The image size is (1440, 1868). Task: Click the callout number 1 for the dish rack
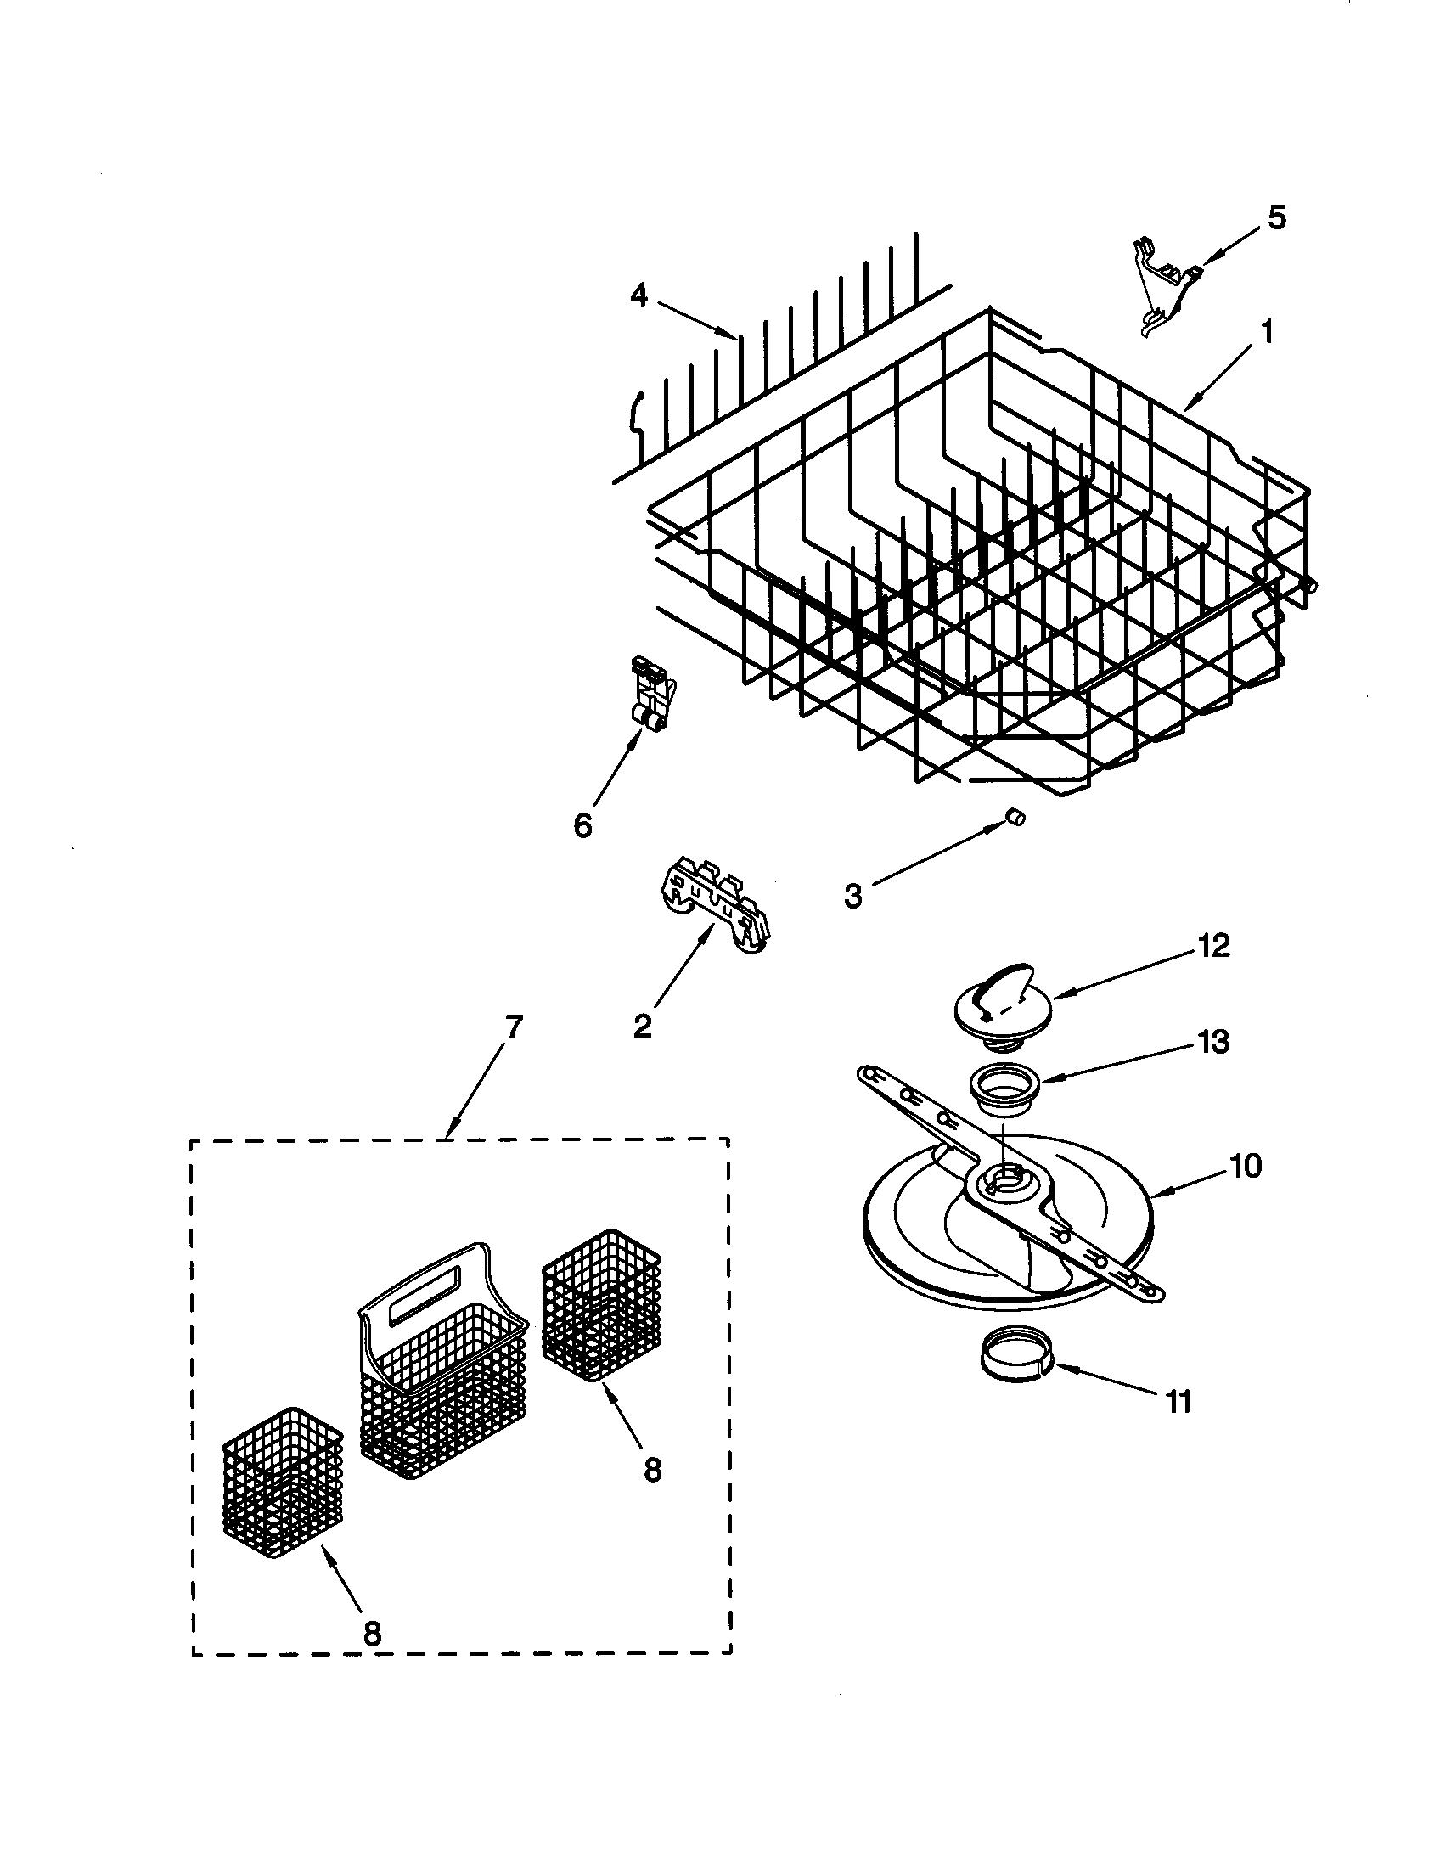1267,332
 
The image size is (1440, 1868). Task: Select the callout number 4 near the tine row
639,296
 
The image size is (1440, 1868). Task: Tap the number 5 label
1276,218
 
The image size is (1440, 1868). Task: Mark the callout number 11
1178,1402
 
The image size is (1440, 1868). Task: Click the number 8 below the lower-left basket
371,1634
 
